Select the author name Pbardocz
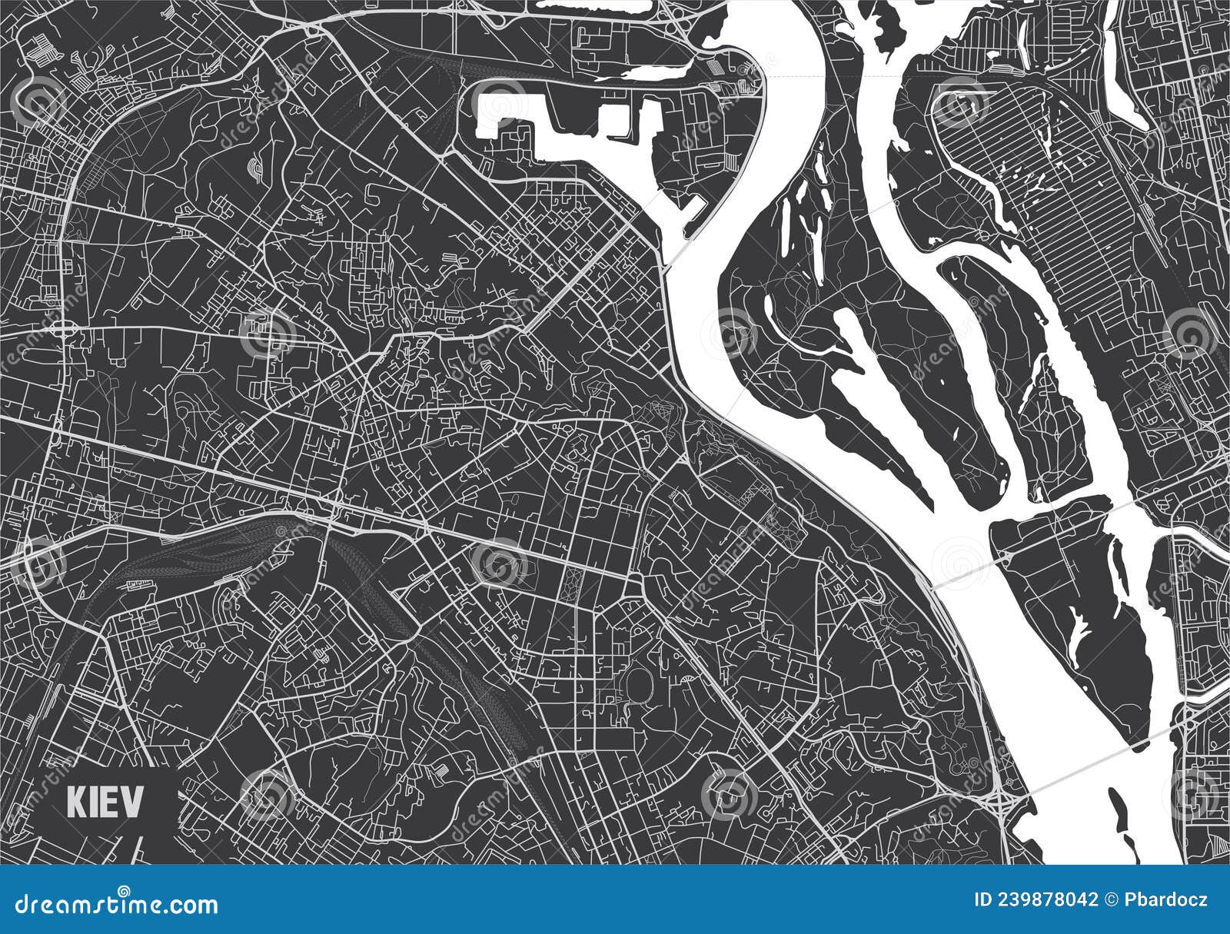[1164, 900]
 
